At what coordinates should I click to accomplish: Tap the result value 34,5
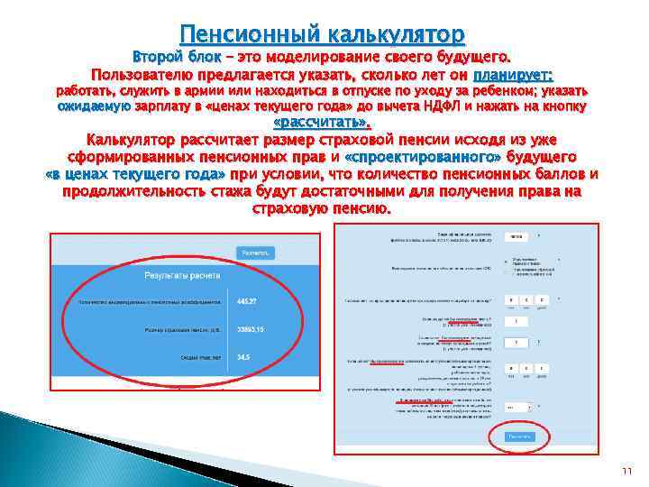[243, 357]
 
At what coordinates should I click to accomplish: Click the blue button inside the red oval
[518, 436]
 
